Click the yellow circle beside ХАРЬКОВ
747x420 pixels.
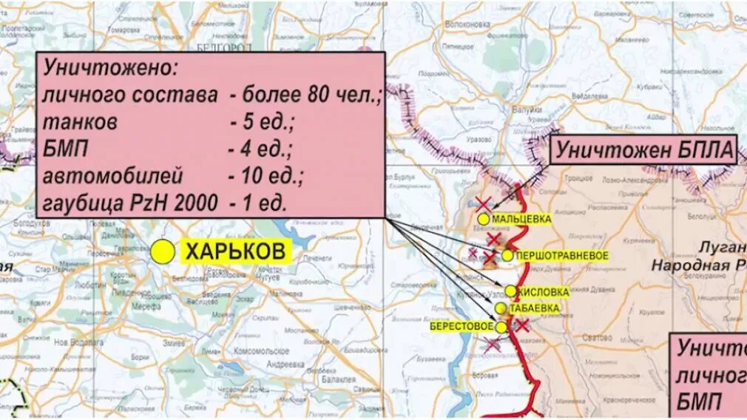(162, 252)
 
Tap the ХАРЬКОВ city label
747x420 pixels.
(235, 252)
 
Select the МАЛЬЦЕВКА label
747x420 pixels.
(521, 219)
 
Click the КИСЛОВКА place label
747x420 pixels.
(544, 292)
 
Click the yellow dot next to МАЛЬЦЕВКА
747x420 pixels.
(483, 219)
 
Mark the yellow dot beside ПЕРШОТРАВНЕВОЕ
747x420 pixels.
(507, 256)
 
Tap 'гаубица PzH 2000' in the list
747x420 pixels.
(130, 203)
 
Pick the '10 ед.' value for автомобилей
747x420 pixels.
(266, 176)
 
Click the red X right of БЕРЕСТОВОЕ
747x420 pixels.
(522, 325)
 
